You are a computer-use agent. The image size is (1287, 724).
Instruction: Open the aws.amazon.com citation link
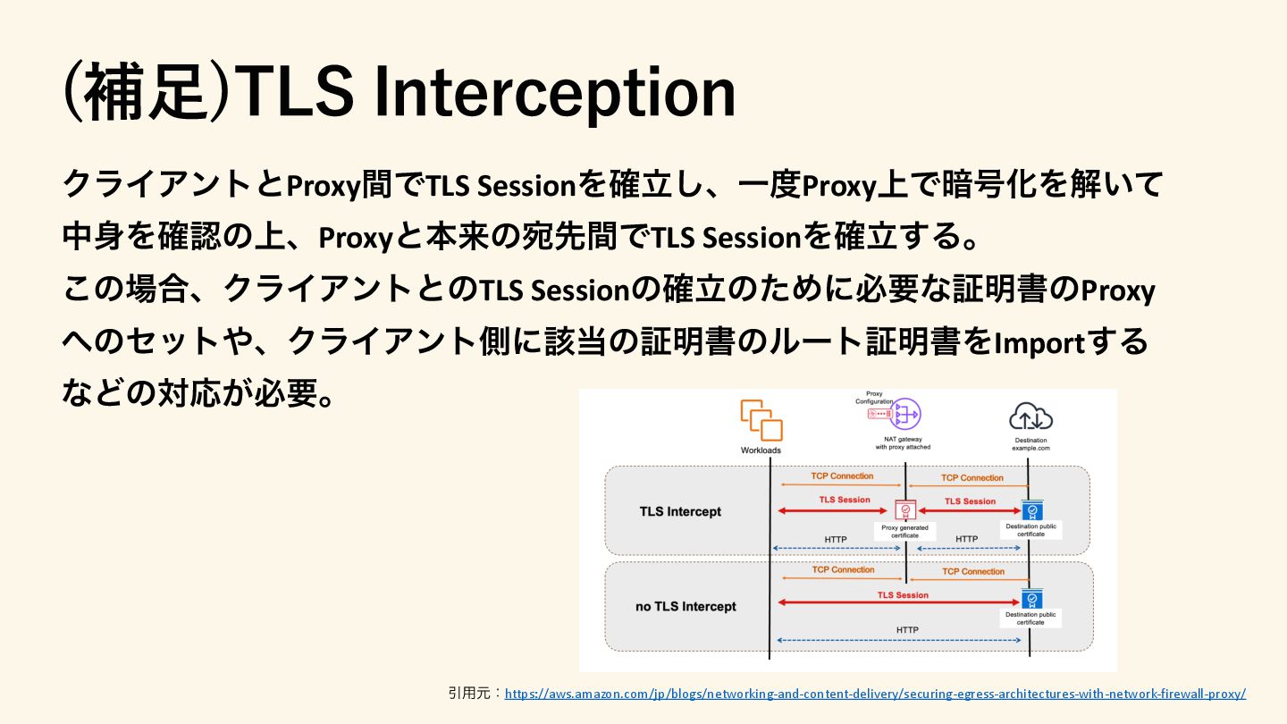875,694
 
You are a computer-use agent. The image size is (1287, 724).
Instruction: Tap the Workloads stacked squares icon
761,419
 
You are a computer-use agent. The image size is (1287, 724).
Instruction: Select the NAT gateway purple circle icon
904,414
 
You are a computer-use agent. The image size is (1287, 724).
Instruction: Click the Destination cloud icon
1030,417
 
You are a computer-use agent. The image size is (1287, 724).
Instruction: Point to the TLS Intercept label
680,512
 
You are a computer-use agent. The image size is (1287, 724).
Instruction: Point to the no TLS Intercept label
686,607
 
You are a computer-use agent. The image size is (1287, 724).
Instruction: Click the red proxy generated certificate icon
905,510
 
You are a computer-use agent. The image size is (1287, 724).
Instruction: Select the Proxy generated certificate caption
905,532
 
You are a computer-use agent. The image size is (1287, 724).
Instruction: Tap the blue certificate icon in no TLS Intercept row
1031,599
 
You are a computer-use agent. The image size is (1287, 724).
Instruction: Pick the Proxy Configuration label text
873,398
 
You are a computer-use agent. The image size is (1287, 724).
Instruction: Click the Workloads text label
761,450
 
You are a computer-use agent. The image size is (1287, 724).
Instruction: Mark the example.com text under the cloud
1030,447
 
